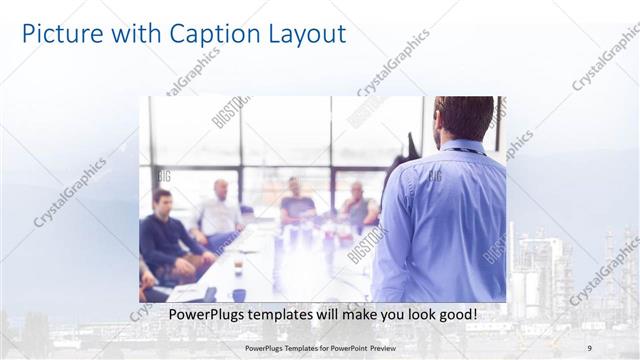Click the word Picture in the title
click(59, 34)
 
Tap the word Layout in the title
click(302, 34)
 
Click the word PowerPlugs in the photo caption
click(204, 315)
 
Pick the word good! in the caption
click(454, 315)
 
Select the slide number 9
click(590, 348)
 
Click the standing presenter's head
click(464, 118)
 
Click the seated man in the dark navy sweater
click(165, 230)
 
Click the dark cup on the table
click(239, 293)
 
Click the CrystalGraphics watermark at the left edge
click(70, 190)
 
